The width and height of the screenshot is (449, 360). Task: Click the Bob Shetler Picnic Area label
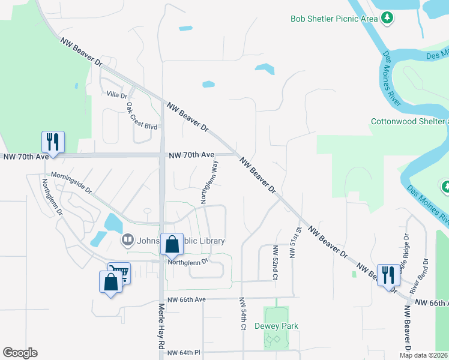[x=334, y=19]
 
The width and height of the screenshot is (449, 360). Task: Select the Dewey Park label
[x=276, y=326]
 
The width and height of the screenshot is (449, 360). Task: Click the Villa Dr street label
[x=117, y=95]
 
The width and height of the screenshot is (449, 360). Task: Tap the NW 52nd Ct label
[x=276, y=262]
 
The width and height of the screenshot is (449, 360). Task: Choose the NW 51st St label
[x=294, y=242]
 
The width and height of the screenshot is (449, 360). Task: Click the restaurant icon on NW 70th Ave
[x=53, y=142]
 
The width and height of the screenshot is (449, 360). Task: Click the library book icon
[x=127, y=241]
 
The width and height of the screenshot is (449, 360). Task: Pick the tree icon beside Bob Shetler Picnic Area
[x=388, y=19]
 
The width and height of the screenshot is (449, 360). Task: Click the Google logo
[x=20, y=353]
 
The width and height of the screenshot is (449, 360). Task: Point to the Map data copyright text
[x=424, y=355]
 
